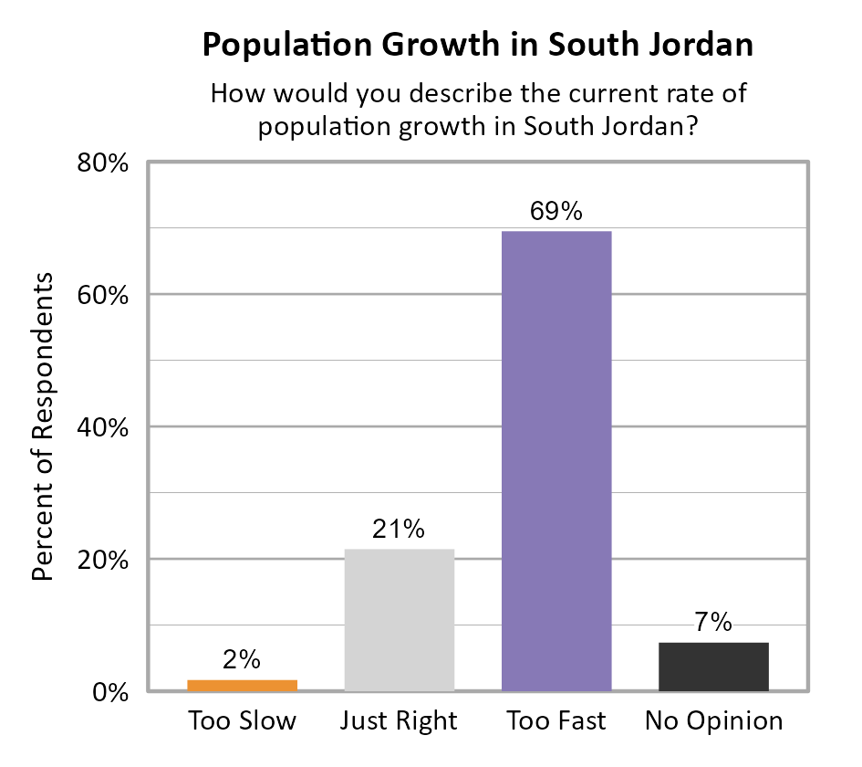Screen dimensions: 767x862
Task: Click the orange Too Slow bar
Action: click(x=243, y=685)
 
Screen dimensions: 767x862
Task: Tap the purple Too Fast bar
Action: click(x=556, y=461)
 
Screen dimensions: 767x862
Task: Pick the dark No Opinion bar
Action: click(x=713, y=667)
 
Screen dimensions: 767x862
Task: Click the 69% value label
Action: click(x=556, y=212)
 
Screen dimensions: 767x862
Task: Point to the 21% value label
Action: click(x=399, y=530)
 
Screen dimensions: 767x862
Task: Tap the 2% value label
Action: click(x=243, y=659)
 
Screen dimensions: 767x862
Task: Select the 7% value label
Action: click(x=713, y=623)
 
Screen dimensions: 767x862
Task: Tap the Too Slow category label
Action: click(x=243, y=721)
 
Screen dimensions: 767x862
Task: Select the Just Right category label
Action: click(x=399, y=721)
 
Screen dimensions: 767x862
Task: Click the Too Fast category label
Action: click(x=556, y=721)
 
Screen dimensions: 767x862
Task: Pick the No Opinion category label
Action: click(x=713, y=721)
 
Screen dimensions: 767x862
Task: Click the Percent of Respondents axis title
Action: click(x=43, y=426)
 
